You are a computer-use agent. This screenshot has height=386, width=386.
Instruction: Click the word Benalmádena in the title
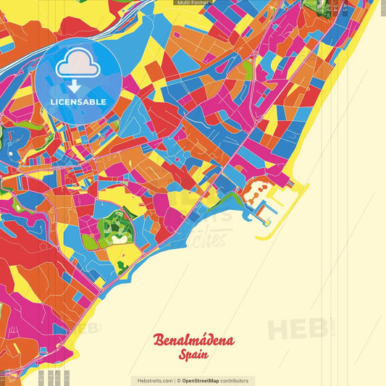(193, 341)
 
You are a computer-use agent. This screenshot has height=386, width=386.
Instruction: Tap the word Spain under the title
(193, 356)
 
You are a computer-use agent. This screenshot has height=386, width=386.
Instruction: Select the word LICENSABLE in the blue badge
(78, 102)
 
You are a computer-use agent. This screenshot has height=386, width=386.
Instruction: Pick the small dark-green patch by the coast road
(122, 266)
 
